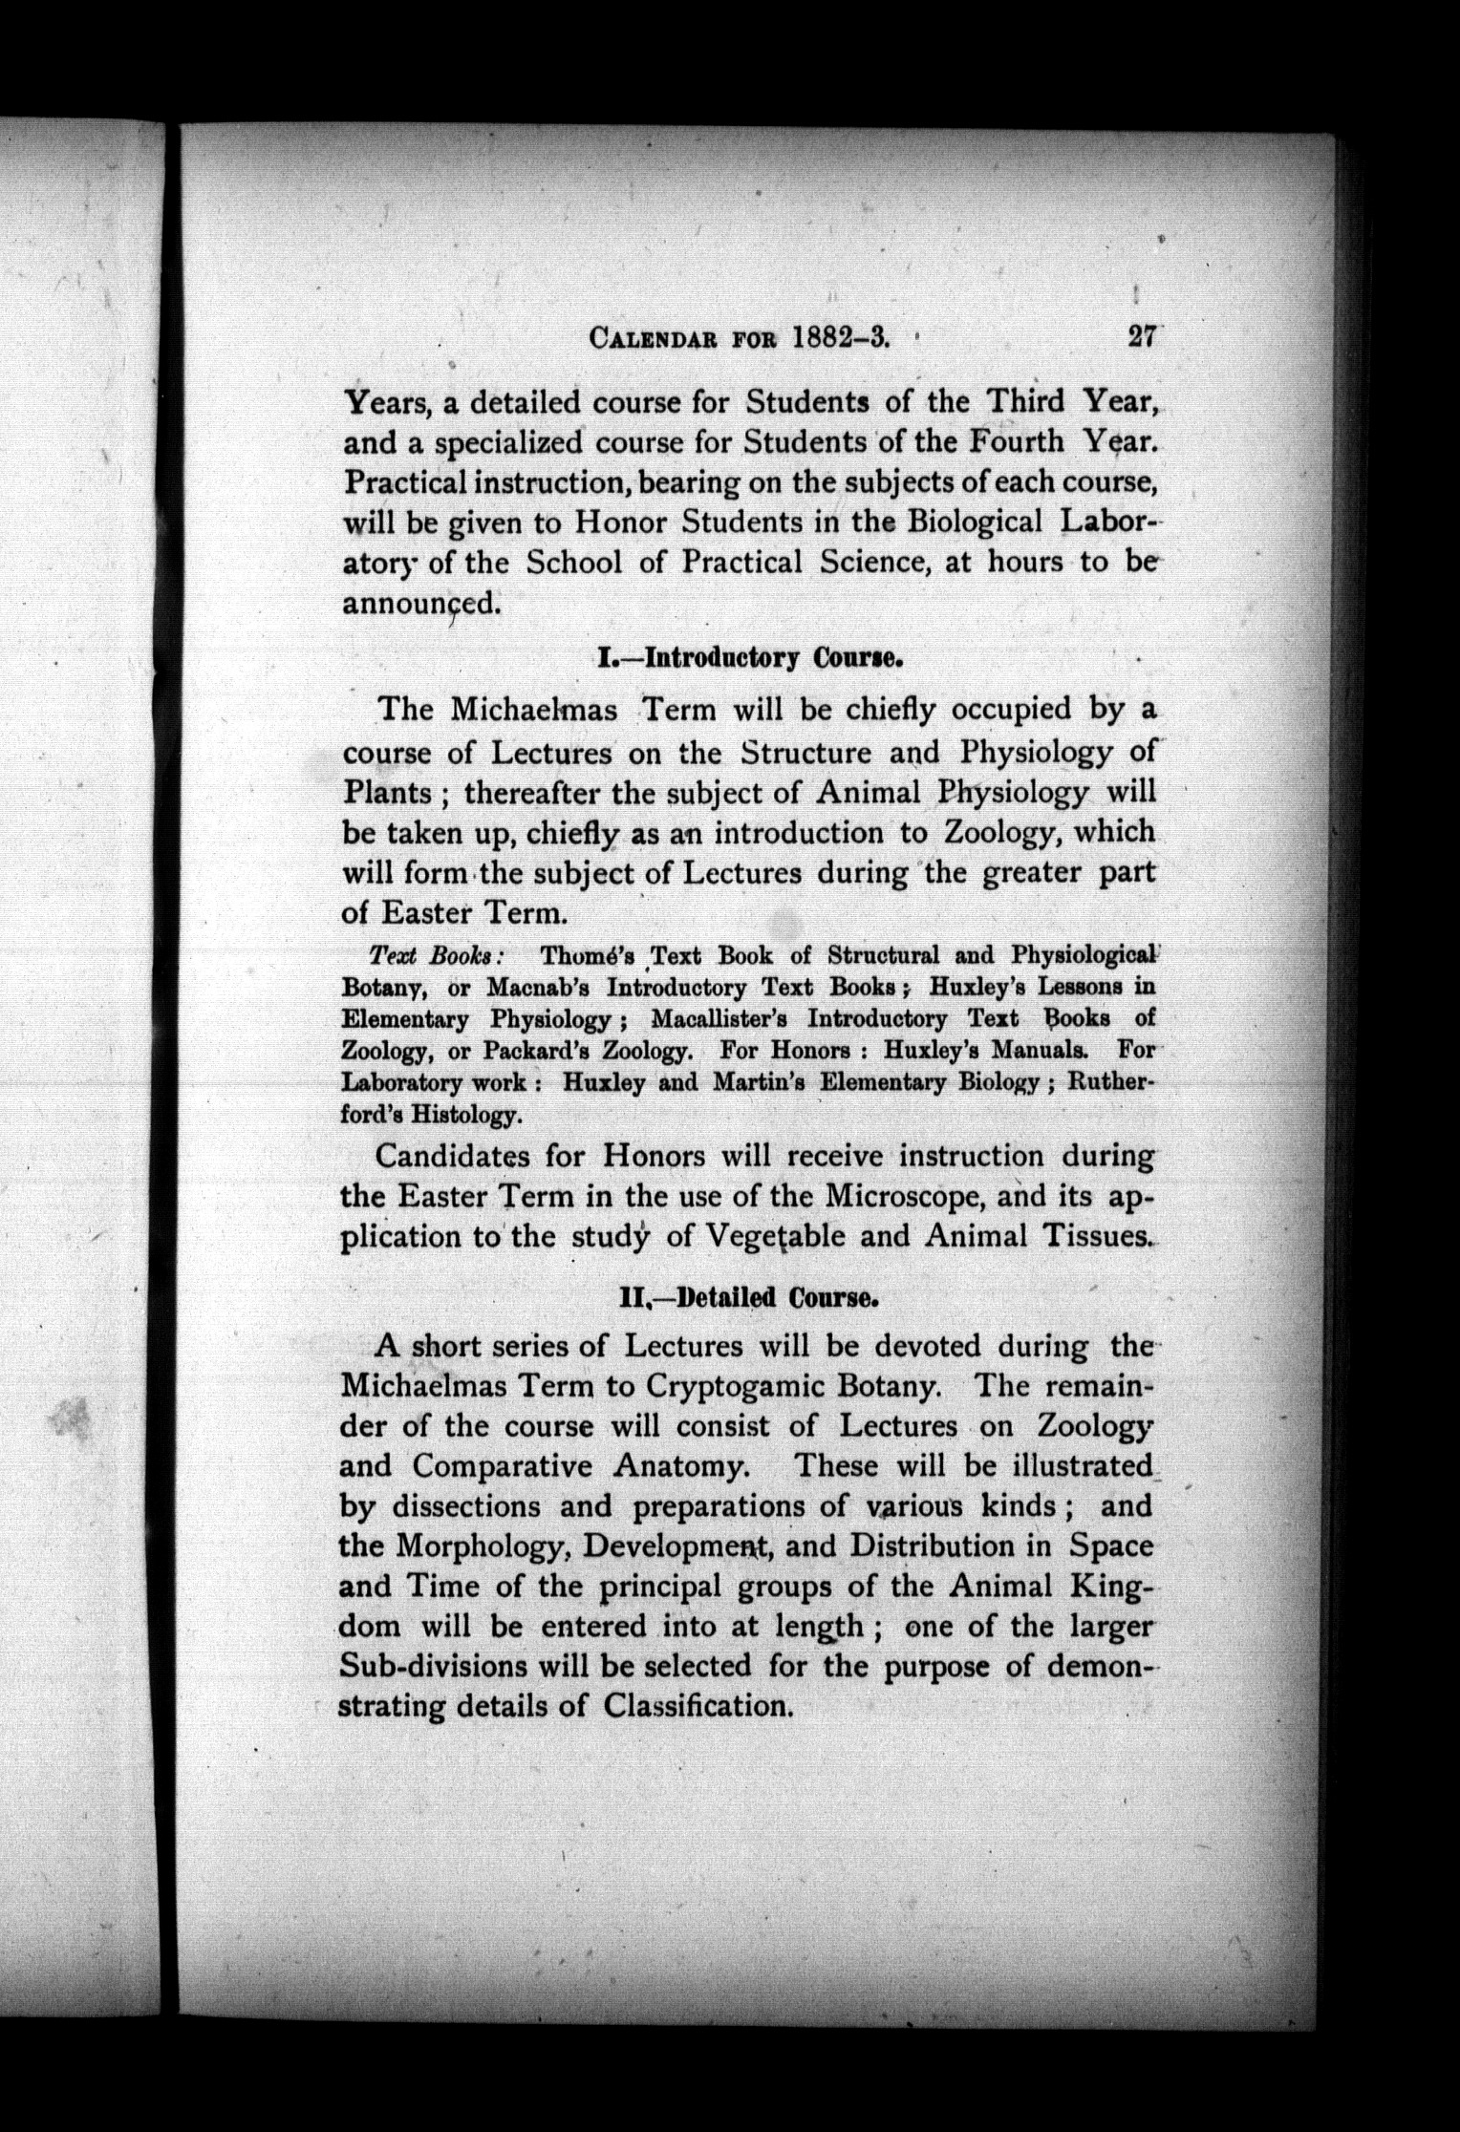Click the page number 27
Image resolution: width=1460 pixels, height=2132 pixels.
[1141, 338]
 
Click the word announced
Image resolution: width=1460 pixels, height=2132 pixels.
[420, 603]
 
